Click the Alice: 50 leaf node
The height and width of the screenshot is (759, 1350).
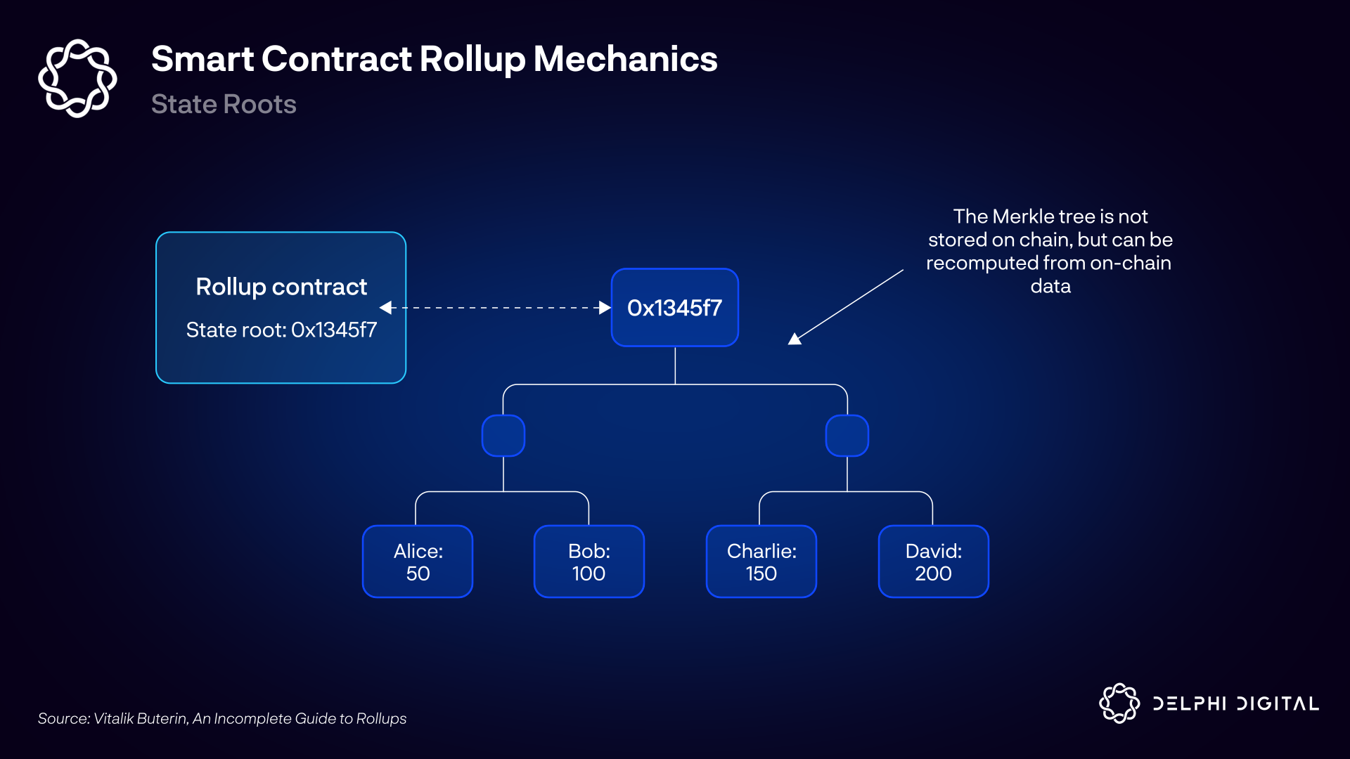pos(418,562)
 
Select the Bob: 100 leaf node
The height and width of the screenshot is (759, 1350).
pos(589,562)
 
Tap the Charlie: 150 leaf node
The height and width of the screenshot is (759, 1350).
pos(761,562)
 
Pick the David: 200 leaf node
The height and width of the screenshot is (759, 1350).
pos(933,562)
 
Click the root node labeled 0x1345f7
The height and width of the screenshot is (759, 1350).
pos(675,308)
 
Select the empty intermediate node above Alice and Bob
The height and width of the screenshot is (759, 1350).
pos(503,436)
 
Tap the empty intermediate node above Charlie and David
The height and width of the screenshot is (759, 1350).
pos(847,436)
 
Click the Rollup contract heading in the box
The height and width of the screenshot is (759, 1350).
pos(281,287)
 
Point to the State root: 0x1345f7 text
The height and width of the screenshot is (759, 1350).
pos(281,330)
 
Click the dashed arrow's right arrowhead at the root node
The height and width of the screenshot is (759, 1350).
pos(604,308)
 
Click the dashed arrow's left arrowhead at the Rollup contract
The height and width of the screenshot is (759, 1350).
pos(386,308)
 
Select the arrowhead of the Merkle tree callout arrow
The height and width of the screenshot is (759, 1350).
pos(795,339)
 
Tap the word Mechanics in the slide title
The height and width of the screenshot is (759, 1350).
pos(625,59)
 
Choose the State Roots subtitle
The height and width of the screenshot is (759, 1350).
pos(224,104)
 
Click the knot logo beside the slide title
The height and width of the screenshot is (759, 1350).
pos(77,78)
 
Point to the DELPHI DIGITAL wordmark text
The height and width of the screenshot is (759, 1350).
pos(1235,703)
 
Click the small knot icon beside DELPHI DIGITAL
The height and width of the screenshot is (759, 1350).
pos(1119,703)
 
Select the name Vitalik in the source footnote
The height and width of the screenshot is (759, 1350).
pos(113,718)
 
